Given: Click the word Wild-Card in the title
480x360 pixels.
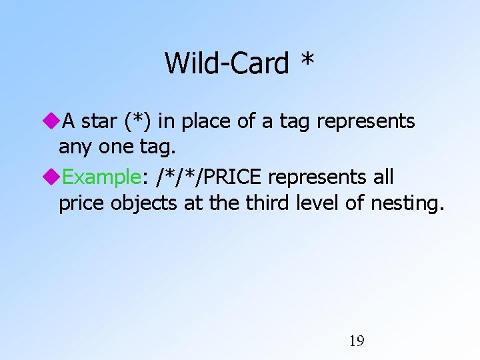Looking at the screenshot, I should click(x=227, y=63).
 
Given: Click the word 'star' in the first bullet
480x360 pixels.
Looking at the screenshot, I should click(x=99, y=121).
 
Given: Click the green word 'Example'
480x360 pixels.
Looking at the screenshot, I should click(x=101, y=178).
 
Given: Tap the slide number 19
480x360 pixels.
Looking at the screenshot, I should click(x=357, y=341).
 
